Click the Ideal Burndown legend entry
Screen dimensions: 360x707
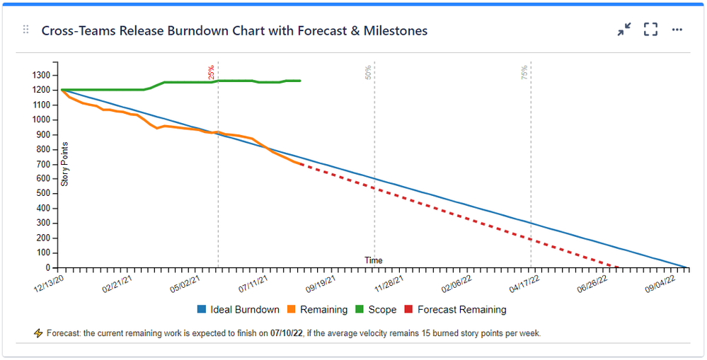point(238,309)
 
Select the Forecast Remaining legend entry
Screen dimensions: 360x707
point(455,309)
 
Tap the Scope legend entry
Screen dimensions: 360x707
point(376,309)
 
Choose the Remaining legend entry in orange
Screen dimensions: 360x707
point(316,309)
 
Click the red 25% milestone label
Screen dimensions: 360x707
point(211,72)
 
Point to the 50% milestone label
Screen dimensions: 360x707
point(368,72)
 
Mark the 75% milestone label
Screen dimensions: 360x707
point(524,72)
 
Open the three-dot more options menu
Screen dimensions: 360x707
point(677,30)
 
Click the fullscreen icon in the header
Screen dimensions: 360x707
point(650,30)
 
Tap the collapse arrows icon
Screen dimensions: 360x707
point(623,30)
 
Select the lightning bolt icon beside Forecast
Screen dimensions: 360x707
point(38,332)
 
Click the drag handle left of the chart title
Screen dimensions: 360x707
point(26,30)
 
